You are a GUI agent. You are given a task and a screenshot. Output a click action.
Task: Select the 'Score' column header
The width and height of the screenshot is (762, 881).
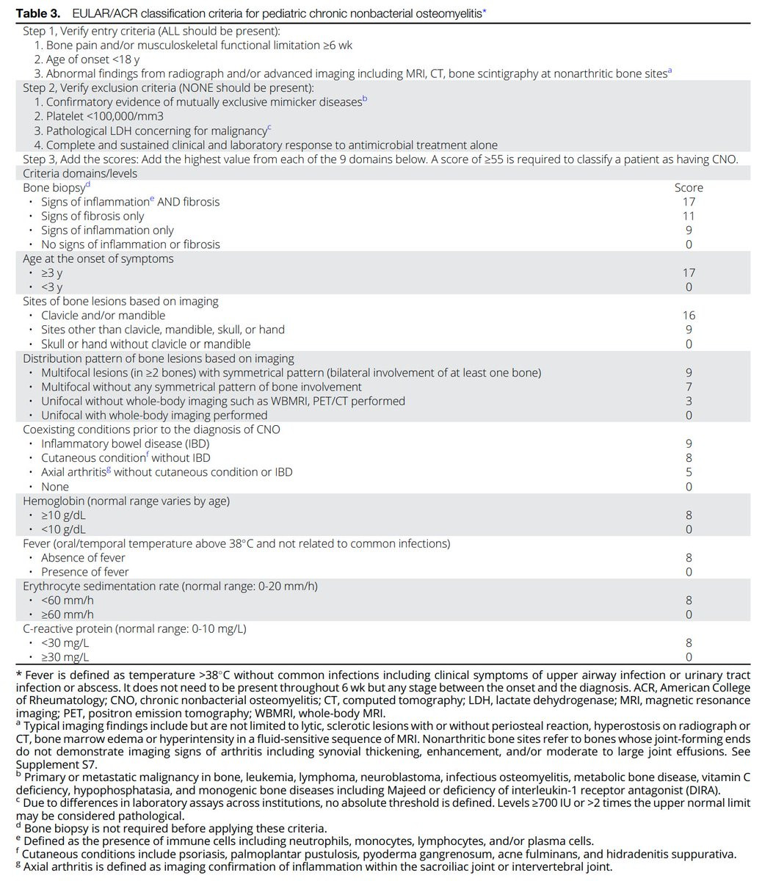pos(689,188)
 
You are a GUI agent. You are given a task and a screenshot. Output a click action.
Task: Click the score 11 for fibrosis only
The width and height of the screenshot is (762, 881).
pos(689,216)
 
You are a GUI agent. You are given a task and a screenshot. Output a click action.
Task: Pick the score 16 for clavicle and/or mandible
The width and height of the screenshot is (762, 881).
pos(689,316)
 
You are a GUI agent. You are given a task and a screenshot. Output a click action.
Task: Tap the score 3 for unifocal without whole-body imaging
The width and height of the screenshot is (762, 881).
pos(689,401)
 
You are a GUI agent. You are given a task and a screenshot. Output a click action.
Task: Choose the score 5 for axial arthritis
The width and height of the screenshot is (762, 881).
pos(689,472)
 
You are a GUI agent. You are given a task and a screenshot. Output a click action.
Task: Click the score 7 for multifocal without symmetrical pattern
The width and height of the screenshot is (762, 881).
pos(689,387)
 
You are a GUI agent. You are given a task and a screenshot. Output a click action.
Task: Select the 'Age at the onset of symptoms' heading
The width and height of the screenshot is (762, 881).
pos(98,258)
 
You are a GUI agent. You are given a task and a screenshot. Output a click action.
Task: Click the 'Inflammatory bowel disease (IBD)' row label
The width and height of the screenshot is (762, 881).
pos(125,443)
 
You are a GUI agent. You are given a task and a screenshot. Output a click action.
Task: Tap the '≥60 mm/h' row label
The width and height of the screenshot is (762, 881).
pos(68,614)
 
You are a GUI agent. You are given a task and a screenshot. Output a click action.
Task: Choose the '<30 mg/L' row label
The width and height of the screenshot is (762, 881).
pos(65,643)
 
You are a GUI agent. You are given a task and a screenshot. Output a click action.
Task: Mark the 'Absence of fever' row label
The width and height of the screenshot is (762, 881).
pos(83,558)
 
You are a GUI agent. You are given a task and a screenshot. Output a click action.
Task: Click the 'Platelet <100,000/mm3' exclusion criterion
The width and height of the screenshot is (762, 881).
pos(99,116)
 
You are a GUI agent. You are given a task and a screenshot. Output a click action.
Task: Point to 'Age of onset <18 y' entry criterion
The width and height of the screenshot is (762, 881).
pos(92,59)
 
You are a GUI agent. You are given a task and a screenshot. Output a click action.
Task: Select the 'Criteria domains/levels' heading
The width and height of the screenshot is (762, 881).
pos(80,173)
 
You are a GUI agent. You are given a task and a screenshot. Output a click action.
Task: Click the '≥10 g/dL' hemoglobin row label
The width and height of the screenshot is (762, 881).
pos(63,515)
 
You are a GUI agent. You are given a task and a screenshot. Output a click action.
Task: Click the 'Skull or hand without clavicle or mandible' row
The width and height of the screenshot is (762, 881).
pos(145,344)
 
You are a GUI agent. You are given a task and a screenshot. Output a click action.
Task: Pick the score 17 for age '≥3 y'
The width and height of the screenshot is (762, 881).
pos(689,272)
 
